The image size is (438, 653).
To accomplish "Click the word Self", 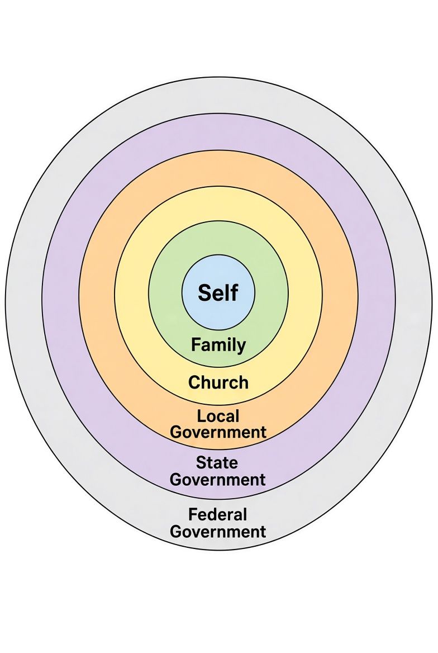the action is pos(218,292).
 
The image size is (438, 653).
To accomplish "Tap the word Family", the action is pos(218,346).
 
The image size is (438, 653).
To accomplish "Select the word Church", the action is pos(218,382).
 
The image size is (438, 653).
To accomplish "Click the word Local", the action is pos(218,416).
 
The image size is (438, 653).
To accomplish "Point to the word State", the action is pos(217,463).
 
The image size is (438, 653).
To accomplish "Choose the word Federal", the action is pos(218,514).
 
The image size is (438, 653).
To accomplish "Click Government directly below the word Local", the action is pos(218,432).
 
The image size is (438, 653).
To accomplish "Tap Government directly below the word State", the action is pos(218,480).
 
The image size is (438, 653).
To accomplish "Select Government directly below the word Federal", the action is pos(218,532).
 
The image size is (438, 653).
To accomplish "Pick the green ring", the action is pos(166,294).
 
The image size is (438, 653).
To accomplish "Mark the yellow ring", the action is pos(131,294).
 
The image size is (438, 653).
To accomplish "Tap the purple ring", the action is pos(60,294).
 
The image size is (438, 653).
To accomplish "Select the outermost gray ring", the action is pos(23,294).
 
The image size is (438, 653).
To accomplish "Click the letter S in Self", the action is pos(204,293).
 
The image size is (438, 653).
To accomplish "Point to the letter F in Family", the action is pos(195,344).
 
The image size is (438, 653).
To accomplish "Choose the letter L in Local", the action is pos(201,417).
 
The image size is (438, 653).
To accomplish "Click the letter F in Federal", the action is pos(192,515).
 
